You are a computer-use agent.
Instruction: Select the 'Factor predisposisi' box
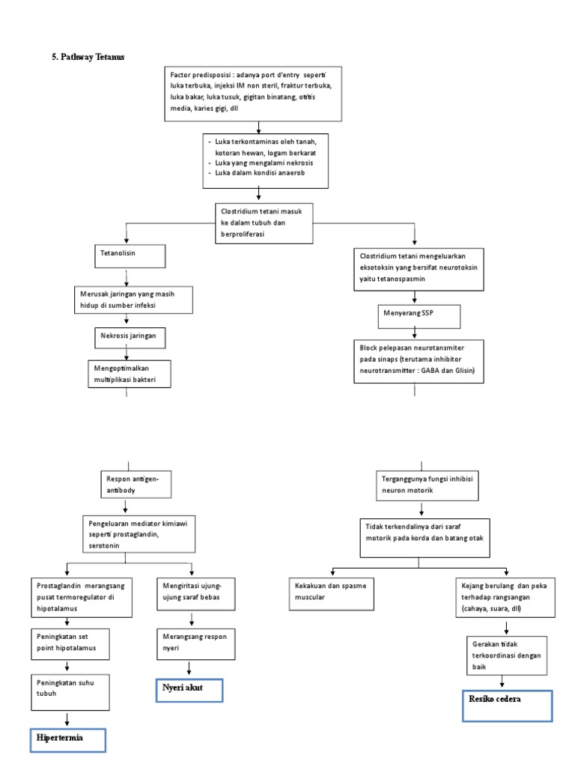click(x=253, y=93)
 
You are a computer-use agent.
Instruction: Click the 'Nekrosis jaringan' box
click(x=129, y=337)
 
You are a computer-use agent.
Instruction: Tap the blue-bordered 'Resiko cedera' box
click(x=507, y=705)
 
